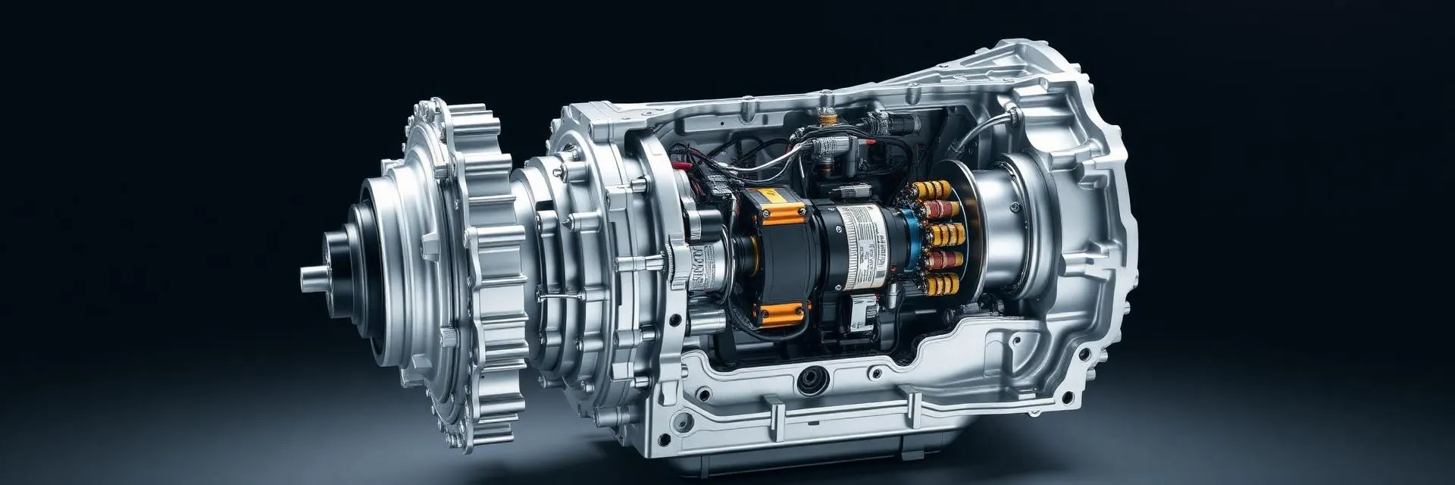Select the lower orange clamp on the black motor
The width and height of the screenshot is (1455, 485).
(x=781, y=310)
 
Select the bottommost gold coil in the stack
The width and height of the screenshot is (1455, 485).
(x=942, y=285)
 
